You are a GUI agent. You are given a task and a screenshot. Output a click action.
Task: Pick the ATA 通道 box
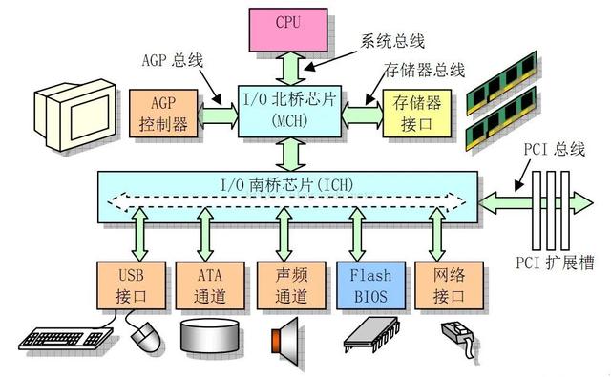click(x=204, y=284)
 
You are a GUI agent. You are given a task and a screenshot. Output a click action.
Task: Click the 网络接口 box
click(x=440, y=284)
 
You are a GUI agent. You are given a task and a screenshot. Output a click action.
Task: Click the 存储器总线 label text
click(x=424, y=70)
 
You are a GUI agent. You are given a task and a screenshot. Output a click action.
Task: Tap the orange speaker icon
click(x=284, y=336)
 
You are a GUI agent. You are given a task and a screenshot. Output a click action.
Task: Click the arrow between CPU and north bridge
click(x=285, y=65)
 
